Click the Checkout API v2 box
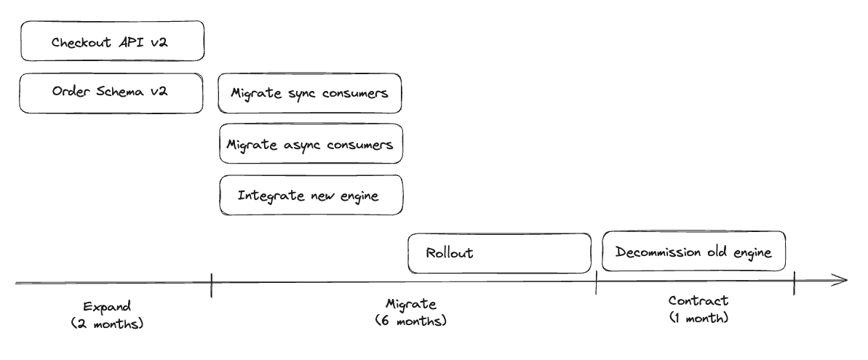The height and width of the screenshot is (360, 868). pos(112,41)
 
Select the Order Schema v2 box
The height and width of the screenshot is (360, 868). pos(111,94)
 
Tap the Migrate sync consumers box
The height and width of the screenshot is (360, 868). pos(309,94)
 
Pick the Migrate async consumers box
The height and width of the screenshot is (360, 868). pos(311,144)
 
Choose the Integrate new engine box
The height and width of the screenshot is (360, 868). pos(311,195)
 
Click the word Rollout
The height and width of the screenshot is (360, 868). pos(450,253)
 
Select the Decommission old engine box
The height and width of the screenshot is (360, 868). pos(693,252)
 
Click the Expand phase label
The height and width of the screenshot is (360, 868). pos(108,307)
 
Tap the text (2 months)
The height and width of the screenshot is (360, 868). pos(108,324)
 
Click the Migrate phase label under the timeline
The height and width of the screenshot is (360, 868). pos(411,304)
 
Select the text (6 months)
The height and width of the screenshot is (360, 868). pos(411,321)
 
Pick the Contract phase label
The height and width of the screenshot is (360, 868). pos(698,301)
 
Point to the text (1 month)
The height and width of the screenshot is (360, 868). pos(698,318)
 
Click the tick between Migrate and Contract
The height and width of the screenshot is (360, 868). pos(596,282)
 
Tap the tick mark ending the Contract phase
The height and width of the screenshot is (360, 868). pos(795,283)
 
